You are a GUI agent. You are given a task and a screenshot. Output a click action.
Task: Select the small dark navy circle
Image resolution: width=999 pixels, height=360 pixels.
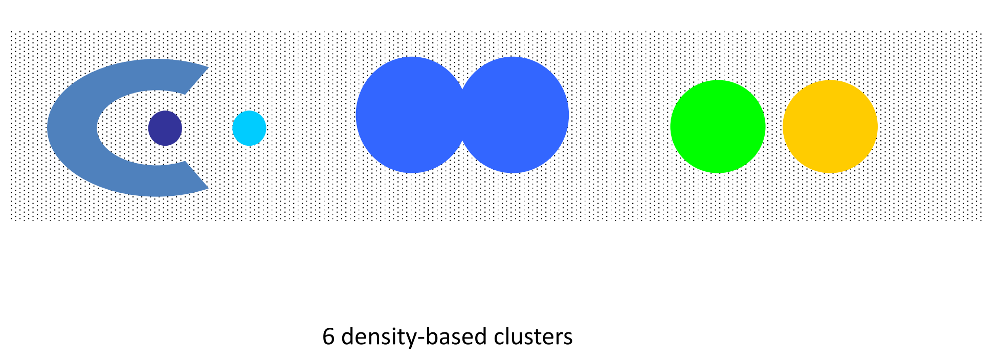[165, 128]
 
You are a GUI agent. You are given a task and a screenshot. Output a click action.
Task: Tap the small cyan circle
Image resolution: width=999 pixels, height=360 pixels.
[249, 128]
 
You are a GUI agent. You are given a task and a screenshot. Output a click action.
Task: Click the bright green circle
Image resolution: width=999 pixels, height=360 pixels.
[718, 126]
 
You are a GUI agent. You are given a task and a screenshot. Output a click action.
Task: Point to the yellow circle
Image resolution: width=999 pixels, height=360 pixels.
[830, 126]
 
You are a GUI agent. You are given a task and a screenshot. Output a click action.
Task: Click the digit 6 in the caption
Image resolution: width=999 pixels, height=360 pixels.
[328, 337]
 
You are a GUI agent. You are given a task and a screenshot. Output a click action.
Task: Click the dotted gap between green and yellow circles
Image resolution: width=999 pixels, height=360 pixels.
[774, 126]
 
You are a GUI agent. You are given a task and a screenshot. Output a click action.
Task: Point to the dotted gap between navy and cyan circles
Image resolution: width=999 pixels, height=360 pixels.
[207, 128]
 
